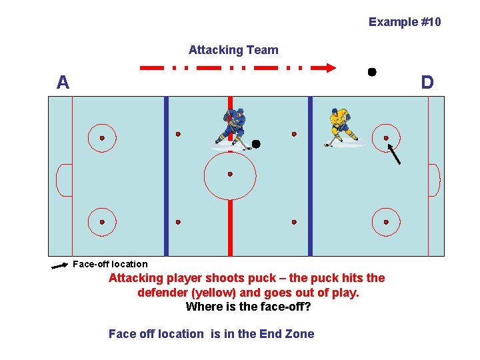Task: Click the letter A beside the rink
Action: click(63, 83)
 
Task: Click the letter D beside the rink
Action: click(427, 83)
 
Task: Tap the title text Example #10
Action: click(405, 22)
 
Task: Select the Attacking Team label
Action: click(233, 50)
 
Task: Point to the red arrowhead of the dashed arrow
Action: click(329, 67)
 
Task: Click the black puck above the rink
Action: click(372, 71)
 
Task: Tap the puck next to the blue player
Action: click(256, 143)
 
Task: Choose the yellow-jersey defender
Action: click(339, 127)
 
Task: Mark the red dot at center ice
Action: click(230, 174)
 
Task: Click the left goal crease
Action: click(64, 180)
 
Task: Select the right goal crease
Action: click(433, 180)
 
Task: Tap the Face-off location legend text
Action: click(110, 264)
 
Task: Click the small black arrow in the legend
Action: click(60, 266)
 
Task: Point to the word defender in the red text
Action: click(162, 293)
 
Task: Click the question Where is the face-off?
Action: click(248, 307)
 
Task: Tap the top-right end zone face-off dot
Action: click(386, 138)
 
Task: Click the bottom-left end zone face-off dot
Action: click(102, 222)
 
